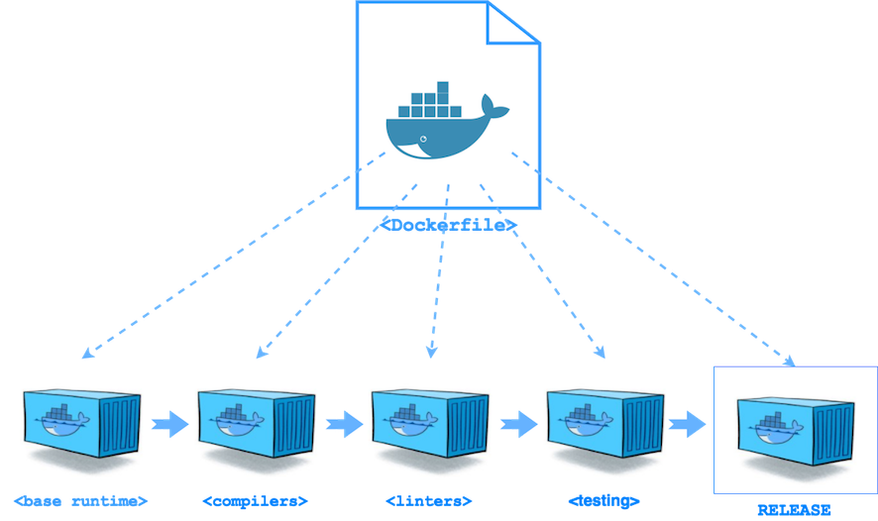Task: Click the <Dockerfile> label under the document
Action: click(449, 226)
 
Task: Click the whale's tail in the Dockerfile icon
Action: click(488, 106)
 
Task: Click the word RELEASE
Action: click(794, 510)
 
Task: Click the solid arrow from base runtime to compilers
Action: click(169, 424)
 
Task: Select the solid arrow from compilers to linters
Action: click(344, 424)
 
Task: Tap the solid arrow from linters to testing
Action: click(517, 424)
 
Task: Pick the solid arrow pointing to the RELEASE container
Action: click(690, 424)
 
